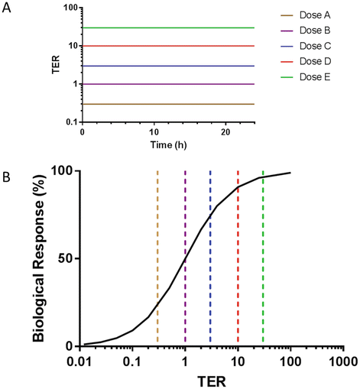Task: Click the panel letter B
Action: point(6,178)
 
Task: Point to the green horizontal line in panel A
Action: point(168,28)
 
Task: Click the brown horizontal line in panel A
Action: point(168,104)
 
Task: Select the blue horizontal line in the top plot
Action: point(168,66)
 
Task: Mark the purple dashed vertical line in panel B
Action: point(185,229)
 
